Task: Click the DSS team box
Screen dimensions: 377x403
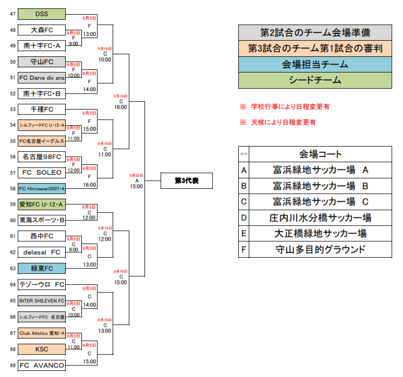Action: tap(42, 14)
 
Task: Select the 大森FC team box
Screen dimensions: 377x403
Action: tap(42, 30)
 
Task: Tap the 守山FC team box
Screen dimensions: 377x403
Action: tap(42, 62)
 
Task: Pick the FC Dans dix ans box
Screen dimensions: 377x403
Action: tap(42, 78)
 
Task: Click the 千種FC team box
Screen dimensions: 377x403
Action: tap(42, 110)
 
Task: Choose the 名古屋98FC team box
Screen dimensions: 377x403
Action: tap(42, 156)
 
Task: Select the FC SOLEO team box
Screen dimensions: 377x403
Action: tap(42, 172)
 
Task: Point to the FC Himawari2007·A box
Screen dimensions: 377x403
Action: tap(42, 188)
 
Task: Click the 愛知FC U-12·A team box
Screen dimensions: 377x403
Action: tap(42, 204)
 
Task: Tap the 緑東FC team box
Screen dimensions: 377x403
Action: tap(42, 268)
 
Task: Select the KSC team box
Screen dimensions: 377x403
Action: tap(42, 349)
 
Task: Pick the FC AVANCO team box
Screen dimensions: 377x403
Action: tap(42, 365)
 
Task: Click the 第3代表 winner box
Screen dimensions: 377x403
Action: tap(187, 180)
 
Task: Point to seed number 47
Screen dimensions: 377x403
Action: tap(13, 14)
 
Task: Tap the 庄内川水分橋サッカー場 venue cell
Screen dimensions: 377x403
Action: tap(320, 217)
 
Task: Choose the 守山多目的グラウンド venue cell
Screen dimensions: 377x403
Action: tap(320, 249)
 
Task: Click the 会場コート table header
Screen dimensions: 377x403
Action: tap(320, 154)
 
